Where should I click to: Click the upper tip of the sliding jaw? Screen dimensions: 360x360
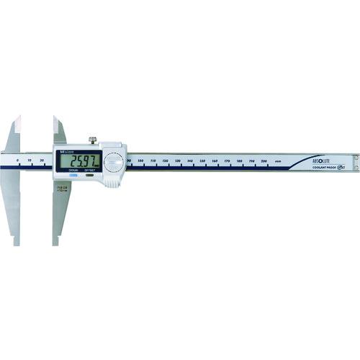(54, 119)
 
